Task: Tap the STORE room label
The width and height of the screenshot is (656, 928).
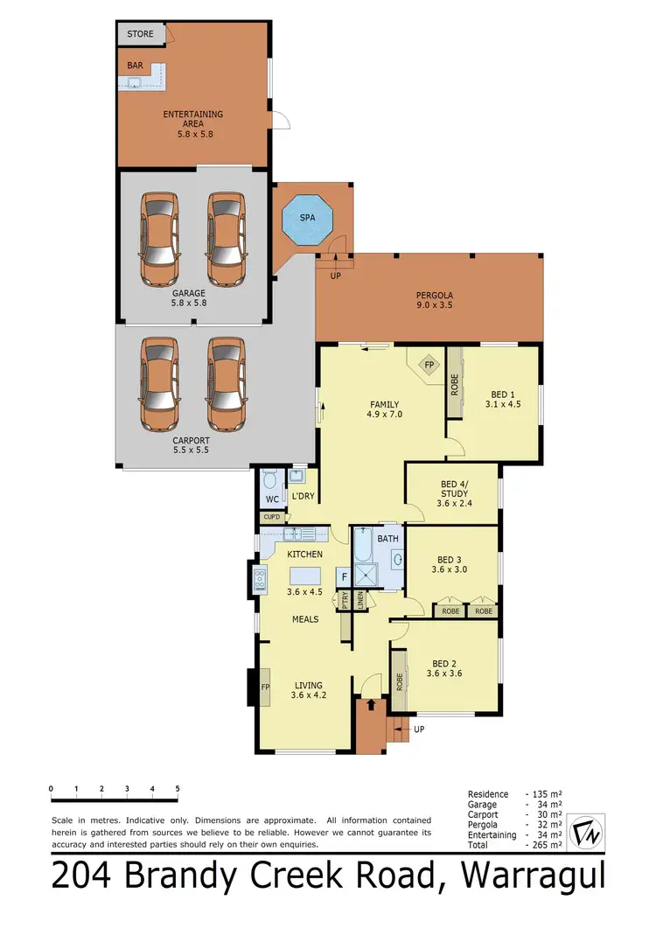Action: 140,34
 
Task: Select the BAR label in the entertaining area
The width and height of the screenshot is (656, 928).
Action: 135,65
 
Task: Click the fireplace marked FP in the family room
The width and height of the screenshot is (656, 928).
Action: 429,366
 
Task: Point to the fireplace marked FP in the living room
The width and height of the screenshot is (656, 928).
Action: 264,687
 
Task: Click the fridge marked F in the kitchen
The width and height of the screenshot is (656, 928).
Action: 344,577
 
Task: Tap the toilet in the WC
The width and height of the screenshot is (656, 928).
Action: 269,480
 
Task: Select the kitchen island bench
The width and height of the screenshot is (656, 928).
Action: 304,575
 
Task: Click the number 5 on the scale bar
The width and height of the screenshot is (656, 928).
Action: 178,789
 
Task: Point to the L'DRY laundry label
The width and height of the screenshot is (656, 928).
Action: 303,496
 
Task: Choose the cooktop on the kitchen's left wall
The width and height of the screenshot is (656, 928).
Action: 260,579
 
